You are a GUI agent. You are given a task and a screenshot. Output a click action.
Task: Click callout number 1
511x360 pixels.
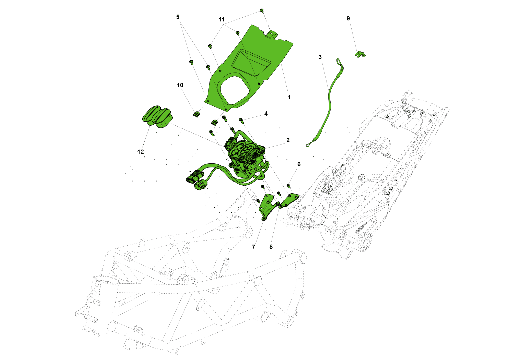tap(289, 97)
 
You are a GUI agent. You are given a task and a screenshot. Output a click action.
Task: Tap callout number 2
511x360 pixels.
tap(288, 140)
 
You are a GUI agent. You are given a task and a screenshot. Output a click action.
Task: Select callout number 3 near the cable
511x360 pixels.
tap(320, 57)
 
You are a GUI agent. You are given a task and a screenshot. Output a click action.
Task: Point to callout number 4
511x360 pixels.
tap(266, 114)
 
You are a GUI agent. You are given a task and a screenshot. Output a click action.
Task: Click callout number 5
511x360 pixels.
tap(178, 17)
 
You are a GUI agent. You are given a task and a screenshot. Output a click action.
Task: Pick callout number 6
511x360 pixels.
tap(299, 164)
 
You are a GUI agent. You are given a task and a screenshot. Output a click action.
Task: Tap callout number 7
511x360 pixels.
tap(253, 247)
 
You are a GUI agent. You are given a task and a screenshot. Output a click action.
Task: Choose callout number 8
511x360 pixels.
tap(271, 247)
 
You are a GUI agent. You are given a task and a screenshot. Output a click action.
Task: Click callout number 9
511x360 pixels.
tap(348, 18)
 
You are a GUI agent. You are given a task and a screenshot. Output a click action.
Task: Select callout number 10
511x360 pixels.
tap(180, 85)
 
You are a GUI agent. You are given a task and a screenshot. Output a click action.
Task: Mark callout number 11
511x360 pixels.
tap(222, 20)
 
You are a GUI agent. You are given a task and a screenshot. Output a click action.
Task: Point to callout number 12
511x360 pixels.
tap(141, 152)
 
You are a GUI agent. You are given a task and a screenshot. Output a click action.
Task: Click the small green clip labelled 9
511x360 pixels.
tap(360, 54)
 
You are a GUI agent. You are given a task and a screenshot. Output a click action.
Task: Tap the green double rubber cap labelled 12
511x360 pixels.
tap(157, 116)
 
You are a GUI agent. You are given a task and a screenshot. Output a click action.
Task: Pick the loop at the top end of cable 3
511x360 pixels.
tap(339, 62)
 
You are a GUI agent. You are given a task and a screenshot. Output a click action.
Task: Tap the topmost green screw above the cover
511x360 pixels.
tap(262, 10)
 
